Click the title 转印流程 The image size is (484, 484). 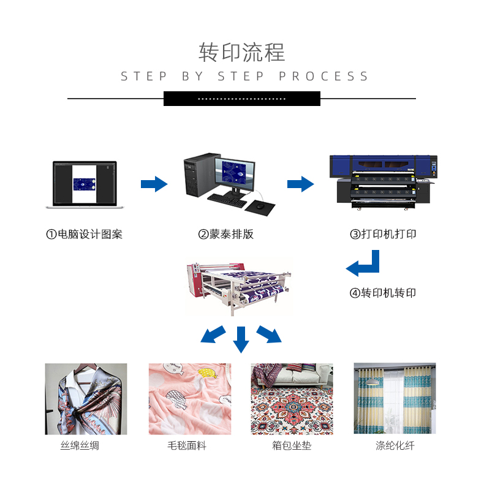pyautogui.click(x=241, y=52)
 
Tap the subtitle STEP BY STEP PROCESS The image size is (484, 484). pyautogui.click(x=244, y=77)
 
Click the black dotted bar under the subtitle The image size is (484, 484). pyautogui.click(x=241, y=99)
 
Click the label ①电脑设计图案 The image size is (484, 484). pyautogui.click(x=85, y=235)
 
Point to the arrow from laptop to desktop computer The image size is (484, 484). pyautogui.click(x=154, y=184)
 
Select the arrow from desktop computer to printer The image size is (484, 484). pyautogui.click(x=300, y=184)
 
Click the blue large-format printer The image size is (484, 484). pyautogui.click(x=380, y=181)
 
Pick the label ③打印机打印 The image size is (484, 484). pyautogui.click(x=383, y=235)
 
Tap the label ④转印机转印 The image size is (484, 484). pyautogui.click(x=383, y=293)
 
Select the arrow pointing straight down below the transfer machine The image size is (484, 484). pyautogui.click(x=241, y=339)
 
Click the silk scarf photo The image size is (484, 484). pyautogui.click(x=86, y=399)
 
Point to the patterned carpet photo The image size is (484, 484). pyautogui.click(x=292, y=399)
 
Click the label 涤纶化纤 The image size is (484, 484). pyautogui.click(x=395, y=445)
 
